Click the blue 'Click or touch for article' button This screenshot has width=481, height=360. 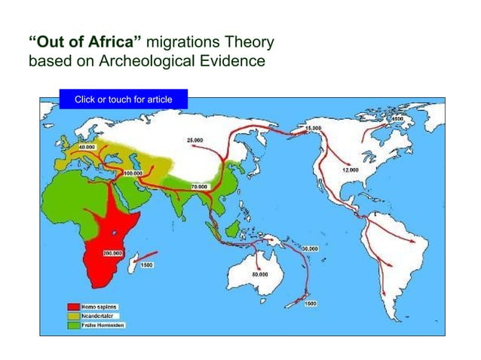123,99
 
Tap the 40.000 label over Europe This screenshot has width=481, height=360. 87,148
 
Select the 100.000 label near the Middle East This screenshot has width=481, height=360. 133,172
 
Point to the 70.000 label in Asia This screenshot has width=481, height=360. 199,186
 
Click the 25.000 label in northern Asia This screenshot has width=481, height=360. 194,140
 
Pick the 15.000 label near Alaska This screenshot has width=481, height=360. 314,129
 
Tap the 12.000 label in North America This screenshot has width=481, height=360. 351,170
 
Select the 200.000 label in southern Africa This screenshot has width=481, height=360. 91,254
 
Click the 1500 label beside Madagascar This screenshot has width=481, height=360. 147,265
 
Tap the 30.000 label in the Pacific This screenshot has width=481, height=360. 309,248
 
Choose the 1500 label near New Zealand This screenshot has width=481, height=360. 310,303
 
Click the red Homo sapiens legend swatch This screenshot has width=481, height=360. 73,307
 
